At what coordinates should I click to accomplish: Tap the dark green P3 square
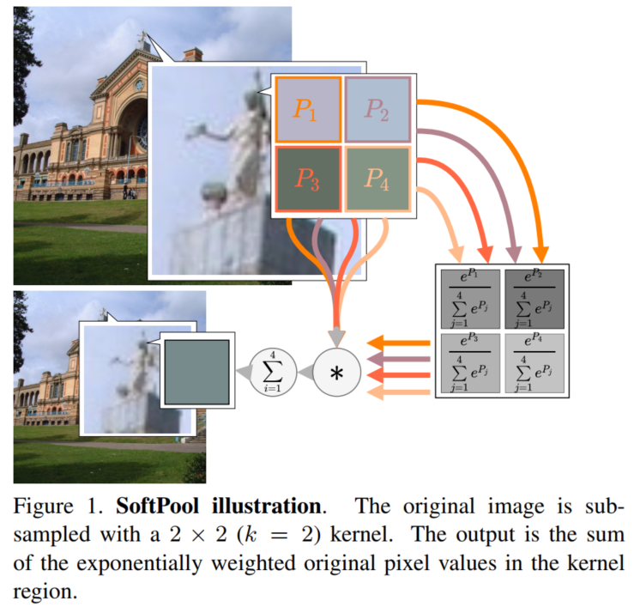pyautogui.click(x=307, y=179)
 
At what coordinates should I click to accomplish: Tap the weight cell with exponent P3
pyautogui.click(x=469, y=361)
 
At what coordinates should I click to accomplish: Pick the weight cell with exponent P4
pyautogui.click(x=534, y=361)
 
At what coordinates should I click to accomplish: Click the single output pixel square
pyautogui.click(x=196, y=371)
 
